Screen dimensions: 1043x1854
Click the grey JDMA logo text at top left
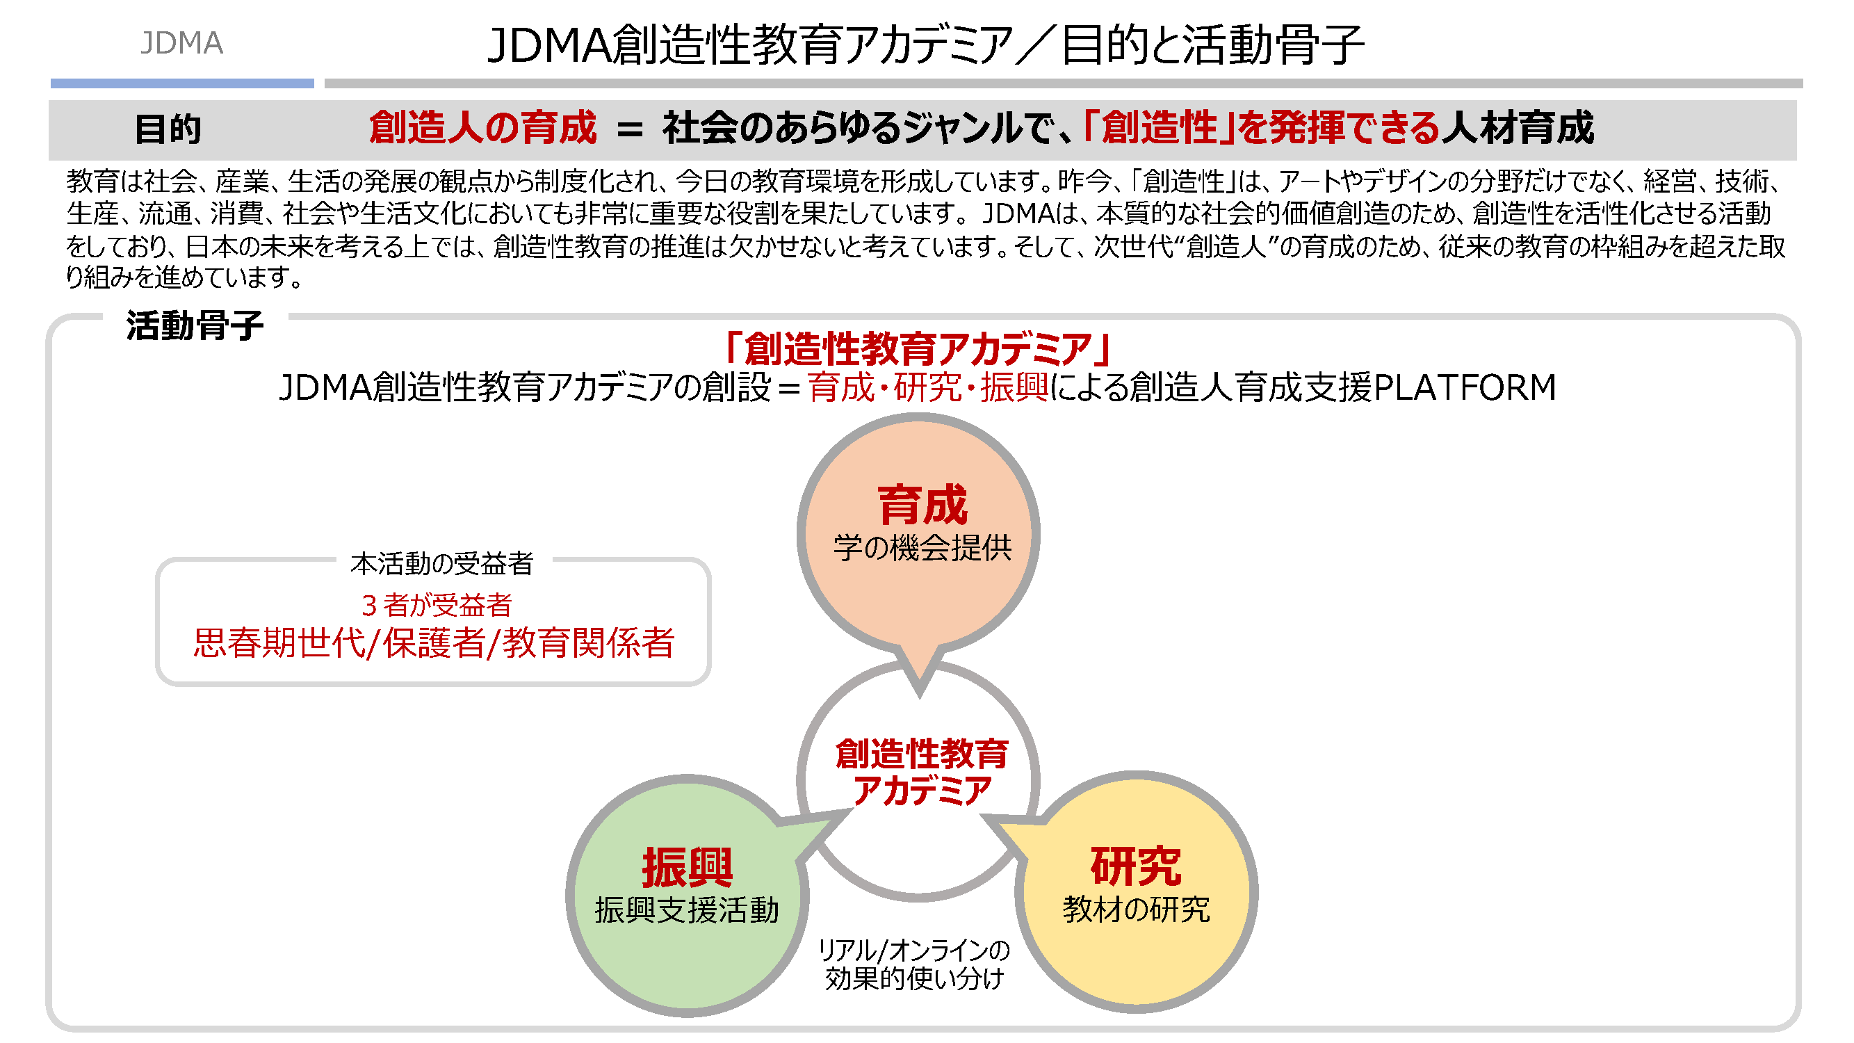[181, 43]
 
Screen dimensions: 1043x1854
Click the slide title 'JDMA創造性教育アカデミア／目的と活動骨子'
[925, 45]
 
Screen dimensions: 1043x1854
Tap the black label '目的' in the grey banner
[168, 129]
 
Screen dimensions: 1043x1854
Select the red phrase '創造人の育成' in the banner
[482, 128]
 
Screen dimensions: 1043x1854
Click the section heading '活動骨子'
[195, 325]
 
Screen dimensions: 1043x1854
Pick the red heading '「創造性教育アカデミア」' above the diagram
[918, 349]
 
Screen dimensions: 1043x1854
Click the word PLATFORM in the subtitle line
[1465, 387]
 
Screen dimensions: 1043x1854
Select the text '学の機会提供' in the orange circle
[922, 548]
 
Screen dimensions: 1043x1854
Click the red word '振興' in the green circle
[687, 867]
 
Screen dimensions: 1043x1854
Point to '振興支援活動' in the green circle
[687, 909]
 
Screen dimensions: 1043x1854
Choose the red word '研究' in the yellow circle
[1136, 866]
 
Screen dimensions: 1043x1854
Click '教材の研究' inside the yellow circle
[1136, 909]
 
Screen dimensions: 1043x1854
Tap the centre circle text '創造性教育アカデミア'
[921, 773]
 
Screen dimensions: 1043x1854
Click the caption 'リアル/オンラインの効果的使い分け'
[914, 964]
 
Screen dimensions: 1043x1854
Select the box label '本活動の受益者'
[441, 564]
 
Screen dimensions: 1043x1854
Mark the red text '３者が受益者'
[436, 606]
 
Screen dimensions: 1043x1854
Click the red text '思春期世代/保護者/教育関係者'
[433, 642]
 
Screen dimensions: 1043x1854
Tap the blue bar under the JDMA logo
[182, 83]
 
